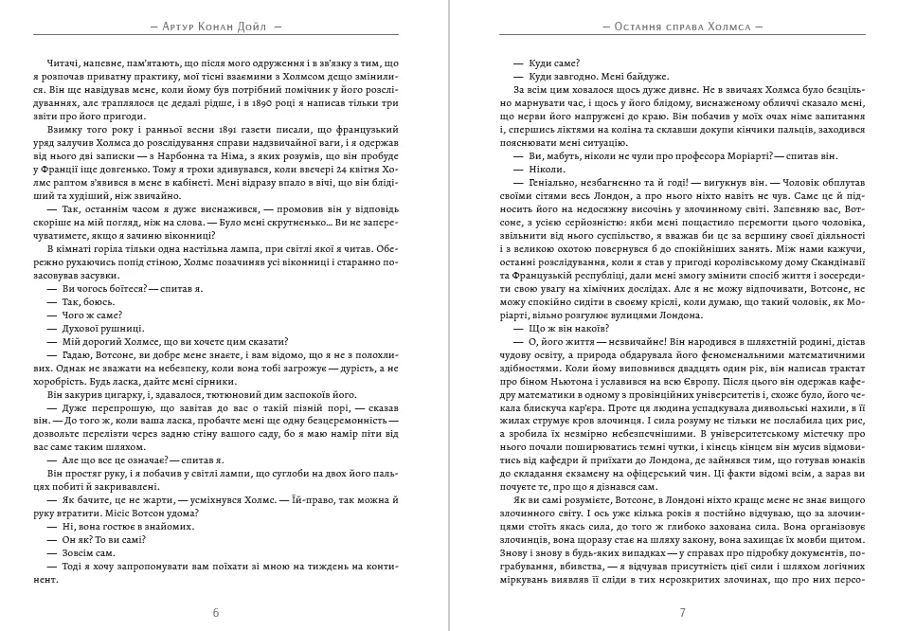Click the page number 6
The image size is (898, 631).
tap(216, 612)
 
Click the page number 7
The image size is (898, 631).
tap(682, 612)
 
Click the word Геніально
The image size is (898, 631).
tap(545, 181)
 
